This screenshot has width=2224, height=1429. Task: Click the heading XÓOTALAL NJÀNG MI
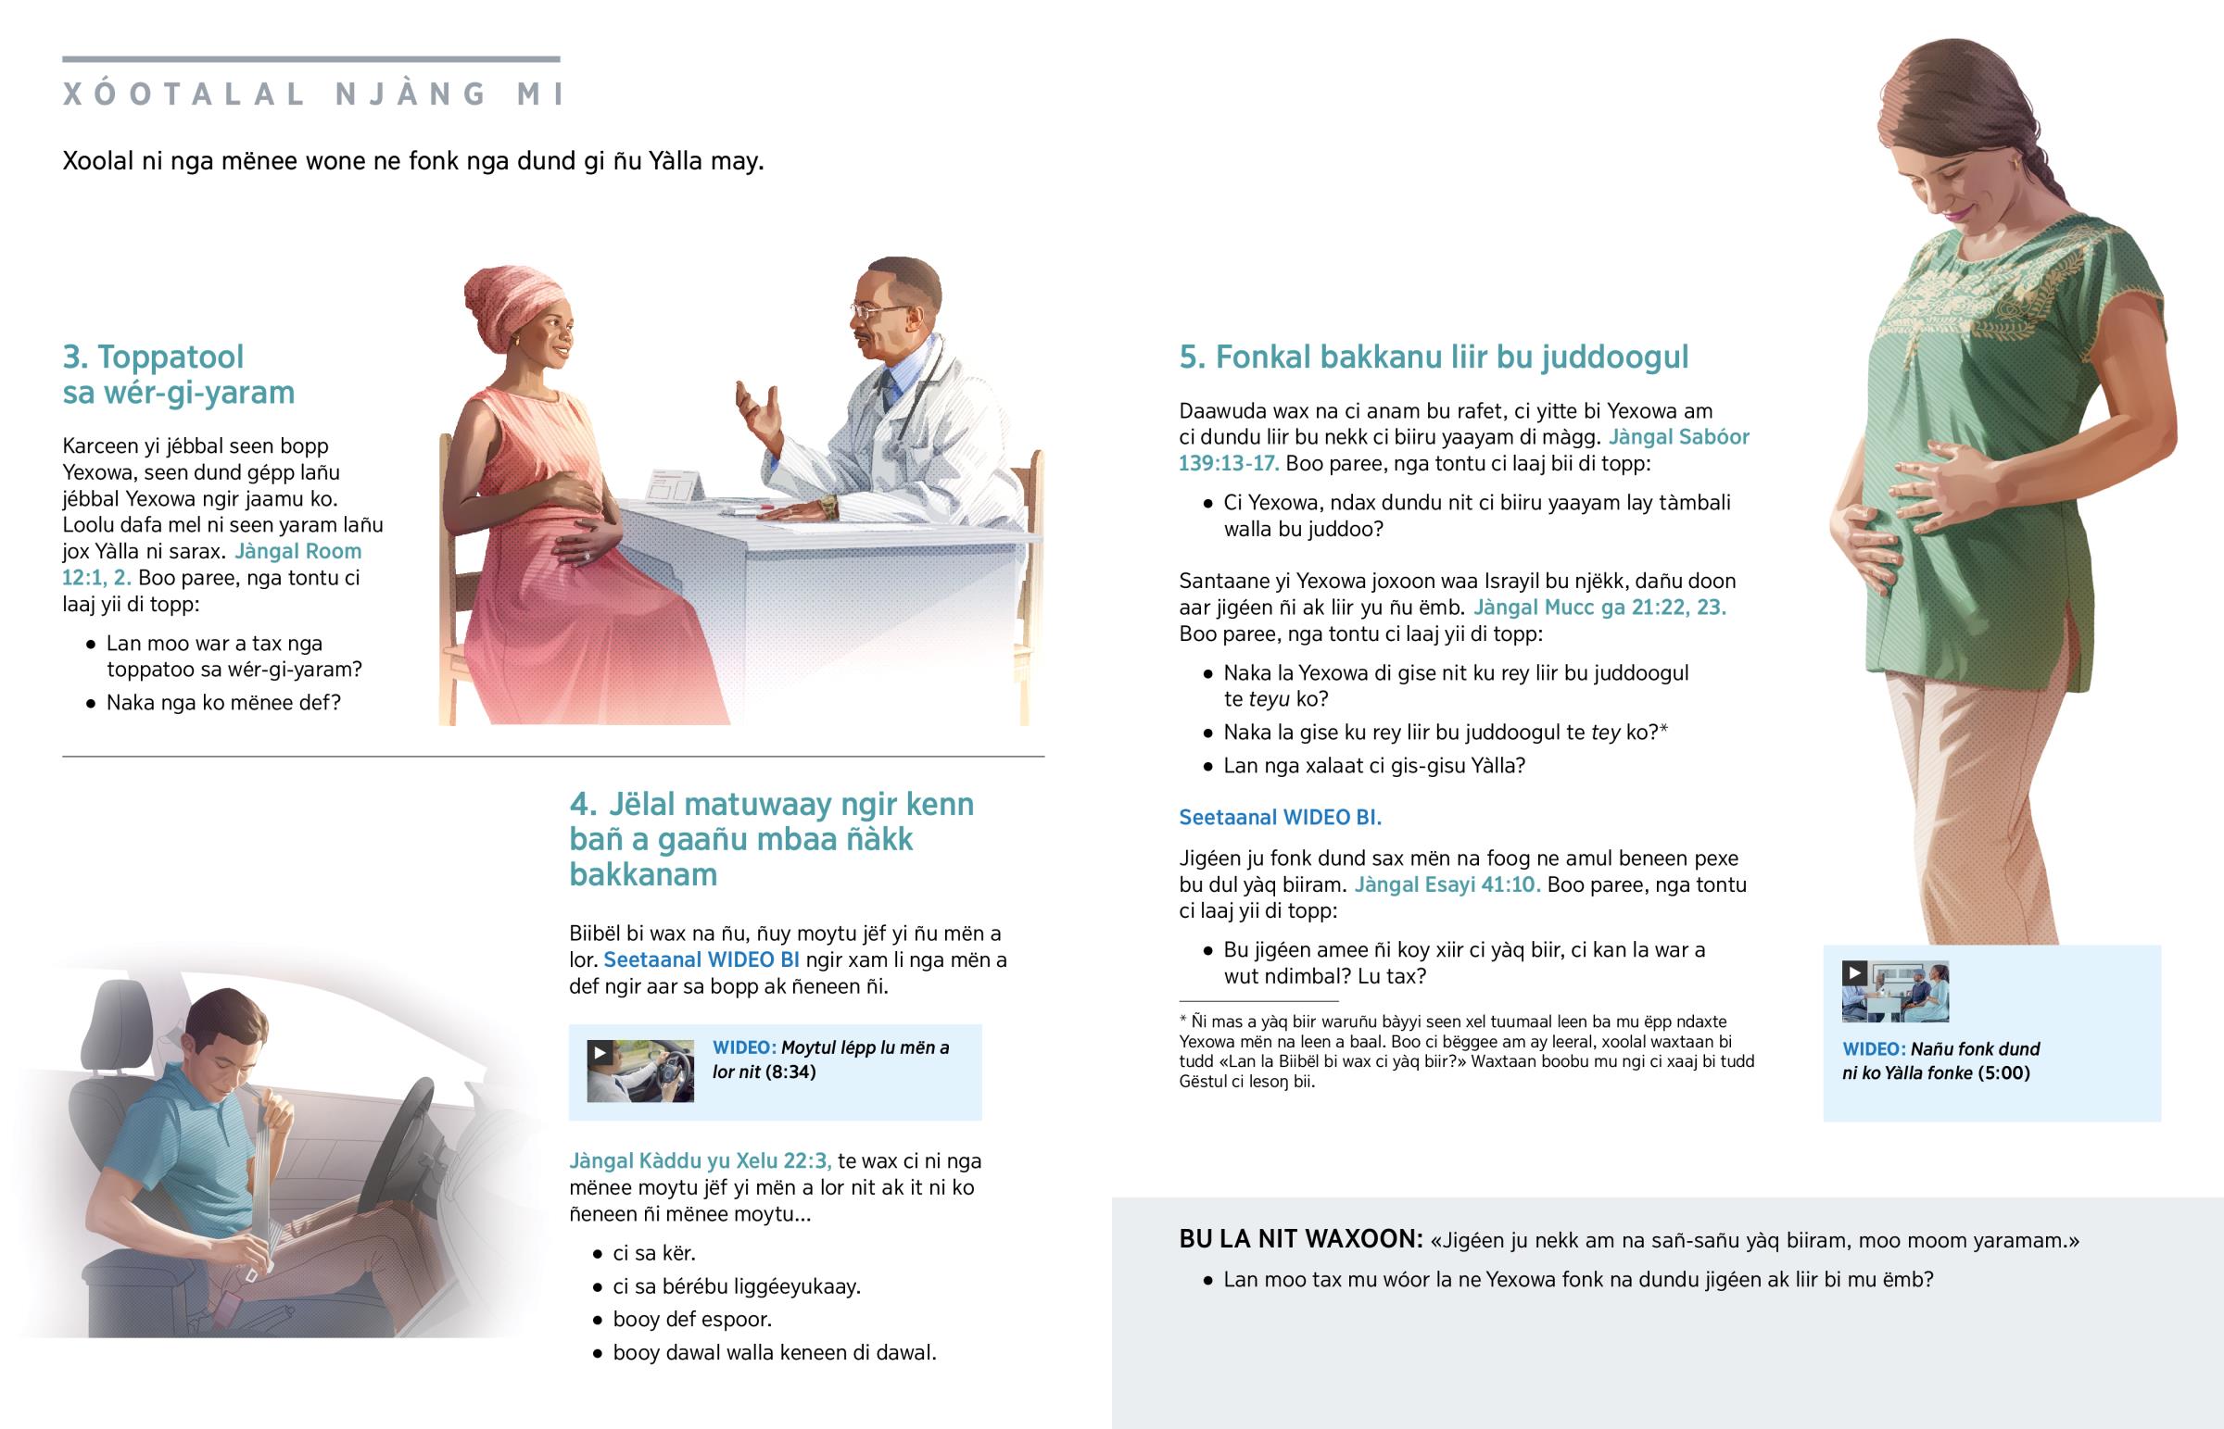(314, 94)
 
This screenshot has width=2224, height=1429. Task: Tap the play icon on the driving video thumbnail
(600, 1052)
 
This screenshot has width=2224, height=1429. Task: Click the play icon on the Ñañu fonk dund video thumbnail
(1854, 972)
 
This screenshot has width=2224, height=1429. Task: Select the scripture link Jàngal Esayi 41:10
(1447, 884)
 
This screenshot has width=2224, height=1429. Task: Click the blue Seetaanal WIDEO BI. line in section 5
(1280, 818)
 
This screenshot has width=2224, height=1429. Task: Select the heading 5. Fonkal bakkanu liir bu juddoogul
(1434, 357)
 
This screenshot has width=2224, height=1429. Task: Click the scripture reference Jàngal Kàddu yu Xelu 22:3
(701, 1160)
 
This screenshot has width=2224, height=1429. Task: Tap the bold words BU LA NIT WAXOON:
(1300, 1239)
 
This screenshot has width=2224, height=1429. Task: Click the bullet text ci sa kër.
(654, 1254)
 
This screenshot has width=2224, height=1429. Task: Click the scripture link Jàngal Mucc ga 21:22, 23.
(1599, 608)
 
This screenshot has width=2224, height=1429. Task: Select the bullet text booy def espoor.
(692, 1320)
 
